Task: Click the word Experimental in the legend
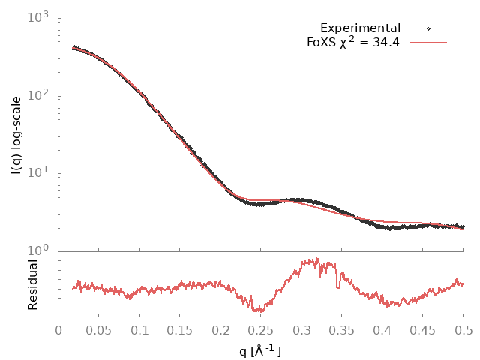coord(360,28)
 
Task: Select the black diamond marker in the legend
coord(428,28)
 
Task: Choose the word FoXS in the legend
coord(321,43)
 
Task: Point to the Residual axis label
coord(32,284)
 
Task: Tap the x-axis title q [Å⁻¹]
coord(260,349)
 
